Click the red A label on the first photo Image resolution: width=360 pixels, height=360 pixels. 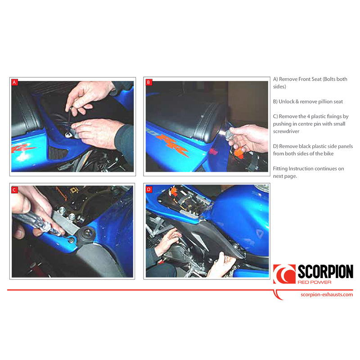pos(14,82)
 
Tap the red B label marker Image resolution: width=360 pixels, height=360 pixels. pos(149,82)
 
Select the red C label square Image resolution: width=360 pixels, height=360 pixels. pos(14,190)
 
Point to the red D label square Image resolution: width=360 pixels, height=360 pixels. pos(149,189)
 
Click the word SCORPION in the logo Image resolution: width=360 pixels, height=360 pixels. pos(325,272)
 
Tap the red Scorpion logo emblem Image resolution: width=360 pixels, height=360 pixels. pos(284,274)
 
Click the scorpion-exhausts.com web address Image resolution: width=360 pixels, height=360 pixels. pos(327,295)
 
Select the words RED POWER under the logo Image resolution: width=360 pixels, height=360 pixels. pos(314,282)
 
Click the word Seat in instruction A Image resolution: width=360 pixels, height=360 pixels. pos(316,79)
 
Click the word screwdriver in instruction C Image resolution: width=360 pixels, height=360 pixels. pos(286,131)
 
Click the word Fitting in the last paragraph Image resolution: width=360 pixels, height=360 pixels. pos(280,169)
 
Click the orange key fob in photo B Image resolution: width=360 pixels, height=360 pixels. pos(239,152)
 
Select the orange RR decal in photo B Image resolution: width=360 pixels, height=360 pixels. pos(172,144)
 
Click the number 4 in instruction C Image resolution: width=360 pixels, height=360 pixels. pos(308,117)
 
